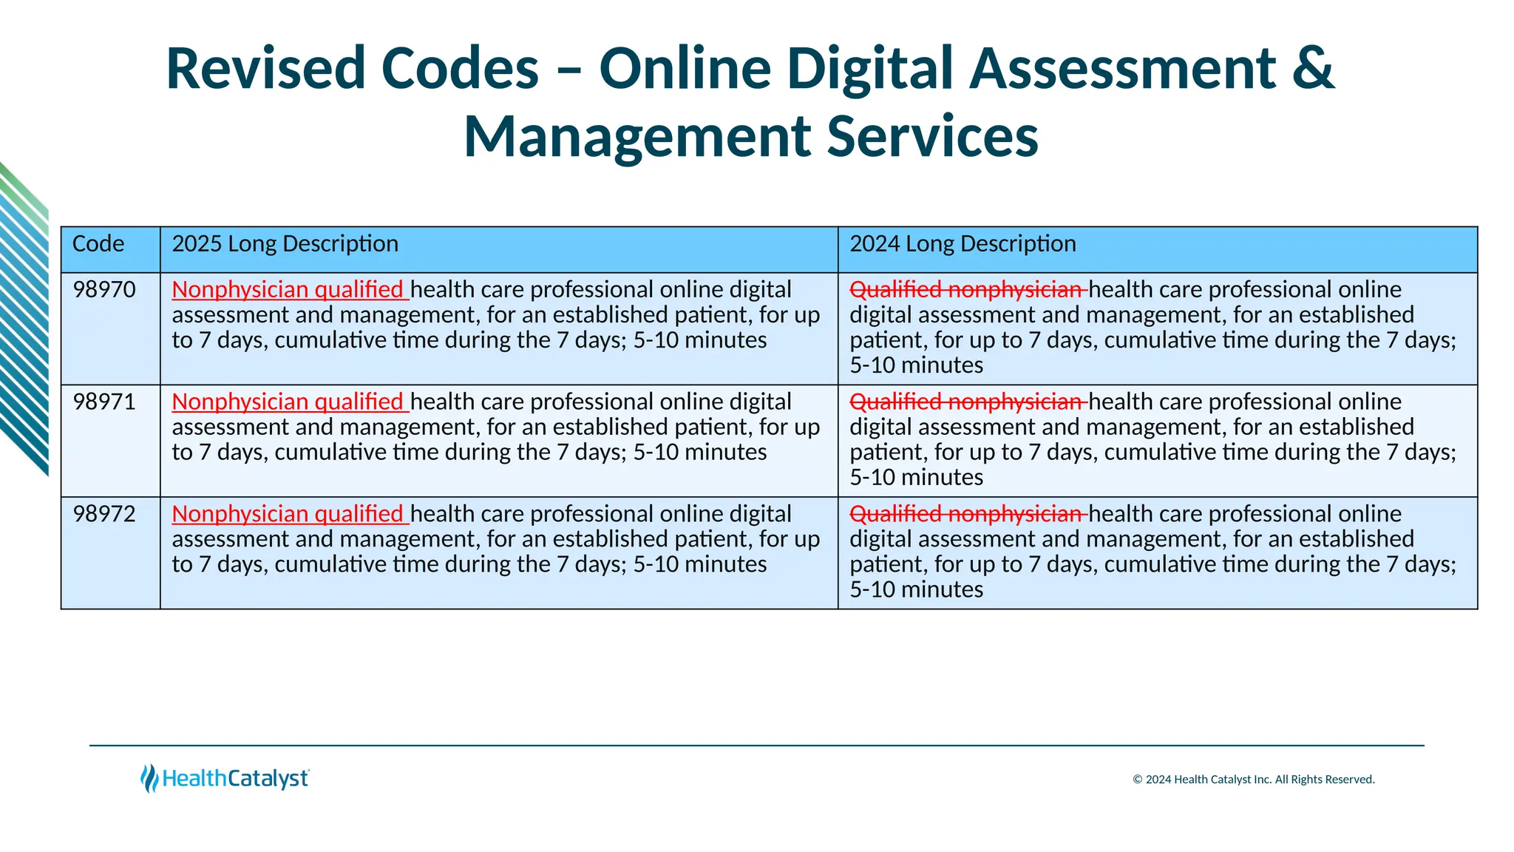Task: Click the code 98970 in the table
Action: tap(104, 290)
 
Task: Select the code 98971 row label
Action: tap(104, 402)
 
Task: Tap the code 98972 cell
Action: tap(104, 514)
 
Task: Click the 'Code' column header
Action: tap(98, 244)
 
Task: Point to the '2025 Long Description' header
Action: tap(285, 244)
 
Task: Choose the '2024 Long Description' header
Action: tap(963, 244)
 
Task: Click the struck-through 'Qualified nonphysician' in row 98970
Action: tap(967, 290)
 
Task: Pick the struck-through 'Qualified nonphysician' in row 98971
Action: tap(967, 402)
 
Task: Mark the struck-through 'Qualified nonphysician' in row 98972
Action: tap(967, 514)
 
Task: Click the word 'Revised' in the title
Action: tap(266, 69)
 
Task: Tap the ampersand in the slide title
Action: tap(1314, 69)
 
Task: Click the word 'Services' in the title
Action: tap(932, 138)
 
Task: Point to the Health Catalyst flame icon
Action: tap(149, 778)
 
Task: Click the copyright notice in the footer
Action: tap(1253, 780)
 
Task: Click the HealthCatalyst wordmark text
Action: tap(235, 779)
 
